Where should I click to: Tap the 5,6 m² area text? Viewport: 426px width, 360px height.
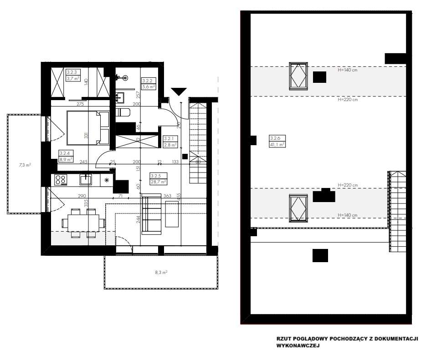pos(149,86)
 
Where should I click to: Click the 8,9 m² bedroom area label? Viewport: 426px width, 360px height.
pos(66,160)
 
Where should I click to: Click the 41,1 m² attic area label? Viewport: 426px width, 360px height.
pos(277,144)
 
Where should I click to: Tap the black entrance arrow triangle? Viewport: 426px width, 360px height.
pos(178,91)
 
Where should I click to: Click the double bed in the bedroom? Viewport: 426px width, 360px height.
pos(88,128)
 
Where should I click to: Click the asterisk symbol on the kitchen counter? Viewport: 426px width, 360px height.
pos(107,180)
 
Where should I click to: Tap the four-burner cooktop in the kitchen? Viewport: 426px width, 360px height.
pos(61,180)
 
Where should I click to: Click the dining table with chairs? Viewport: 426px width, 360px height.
pos(82,223)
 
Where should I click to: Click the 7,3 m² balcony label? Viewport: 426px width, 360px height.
pos(25,165)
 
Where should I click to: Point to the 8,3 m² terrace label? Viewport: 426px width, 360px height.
pos(161,272)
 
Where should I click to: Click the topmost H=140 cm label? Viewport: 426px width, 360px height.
pos(348,71)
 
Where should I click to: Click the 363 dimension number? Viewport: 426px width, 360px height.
pos(167,196)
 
